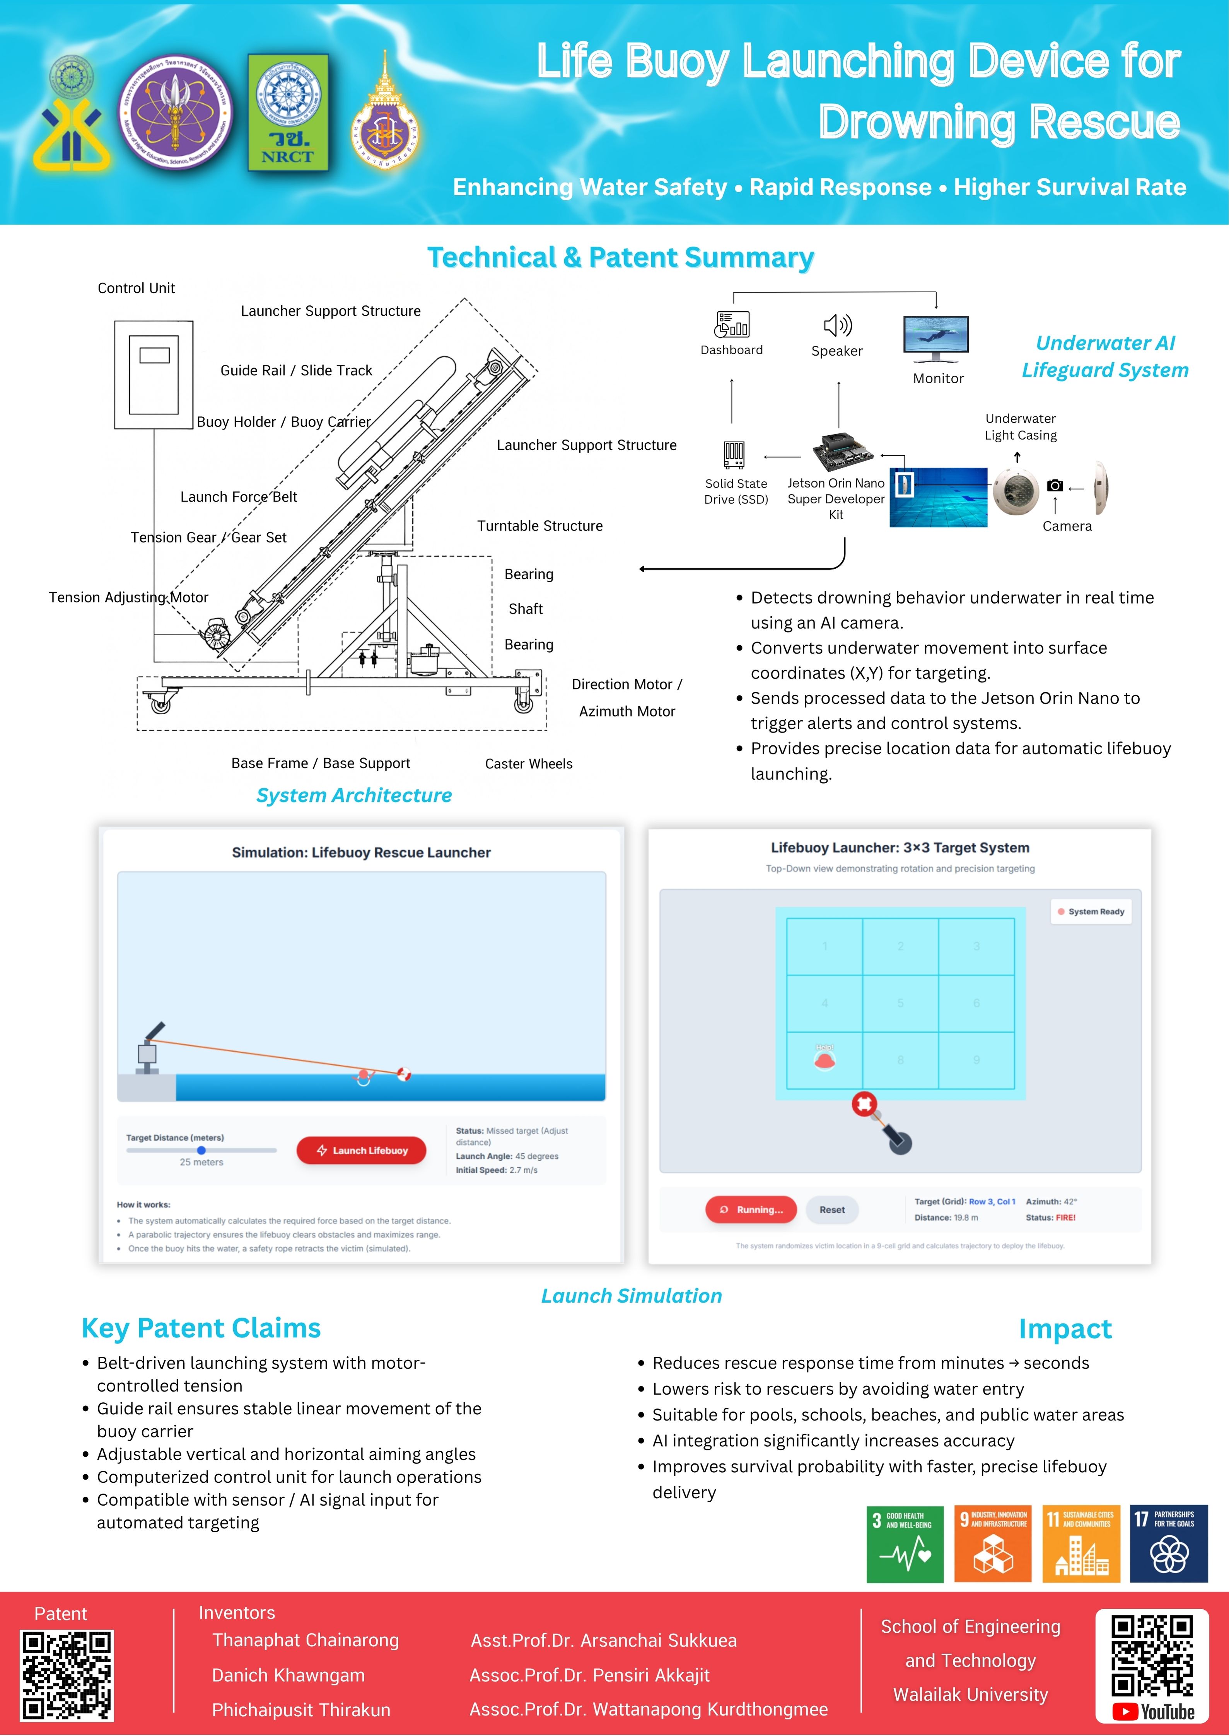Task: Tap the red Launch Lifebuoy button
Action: [x=361, y=1150]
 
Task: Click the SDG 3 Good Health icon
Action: [x=904, y=1543]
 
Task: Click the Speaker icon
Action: [x=837, y=325]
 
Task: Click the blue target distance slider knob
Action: [x=201, y=1150]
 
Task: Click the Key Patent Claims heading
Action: [x=201, y=1328]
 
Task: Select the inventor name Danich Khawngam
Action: [x=288, y=1675]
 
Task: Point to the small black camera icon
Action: [x=1055, y=486]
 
